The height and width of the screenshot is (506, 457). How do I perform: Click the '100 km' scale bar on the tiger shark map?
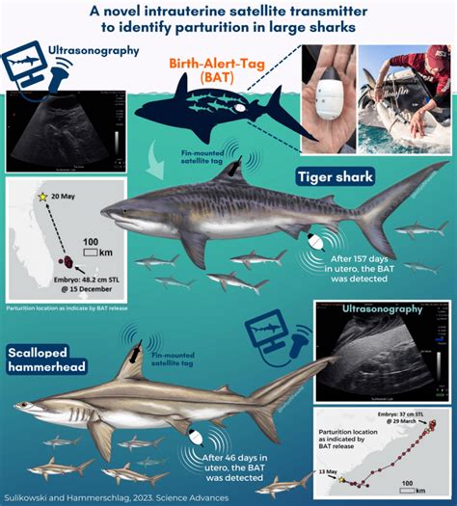click(90, 247)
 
